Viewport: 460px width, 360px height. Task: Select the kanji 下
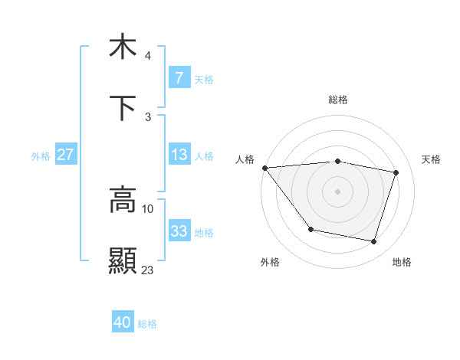[123, 109]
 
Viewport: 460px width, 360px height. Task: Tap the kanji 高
[123, 201]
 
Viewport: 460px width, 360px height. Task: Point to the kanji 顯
[123, 260]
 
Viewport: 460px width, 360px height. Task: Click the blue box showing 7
[179, 77]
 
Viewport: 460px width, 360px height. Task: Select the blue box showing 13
[179, 155]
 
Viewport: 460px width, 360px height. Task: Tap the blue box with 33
[179, 231]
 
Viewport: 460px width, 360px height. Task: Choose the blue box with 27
[65, 155]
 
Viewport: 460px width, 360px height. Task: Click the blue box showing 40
[122, 322]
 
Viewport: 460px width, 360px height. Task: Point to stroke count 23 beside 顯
[148, 270]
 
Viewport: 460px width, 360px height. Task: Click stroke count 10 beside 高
[148, 208]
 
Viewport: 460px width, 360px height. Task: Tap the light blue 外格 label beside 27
[41, 155]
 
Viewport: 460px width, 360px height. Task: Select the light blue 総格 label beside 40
[147, 323]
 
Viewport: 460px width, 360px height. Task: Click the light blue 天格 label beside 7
[204, 78]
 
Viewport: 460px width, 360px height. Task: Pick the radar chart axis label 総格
[338, 100]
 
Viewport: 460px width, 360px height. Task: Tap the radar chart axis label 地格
[402, 262]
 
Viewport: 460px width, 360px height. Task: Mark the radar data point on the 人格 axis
[264, 168]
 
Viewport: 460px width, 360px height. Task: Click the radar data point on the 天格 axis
[396, 172]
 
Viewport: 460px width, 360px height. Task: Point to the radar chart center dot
[337, 191]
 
